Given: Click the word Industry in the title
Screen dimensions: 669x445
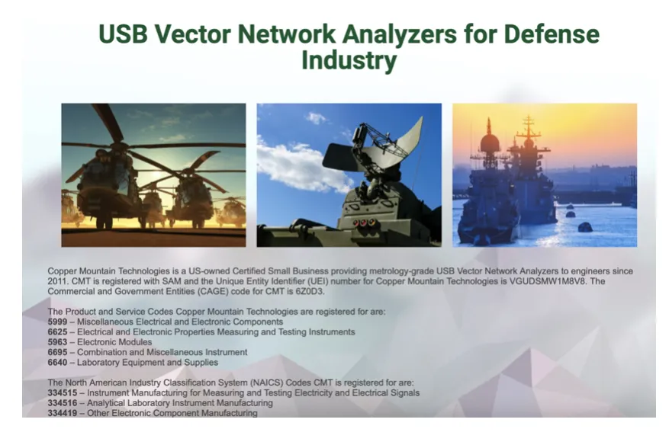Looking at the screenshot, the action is (x=349, y=60).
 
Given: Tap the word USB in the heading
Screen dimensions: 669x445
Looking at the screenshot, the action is (x=123, y=34).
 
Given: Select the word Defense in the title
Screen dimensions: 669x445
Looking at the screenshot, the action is (x=552, y=34).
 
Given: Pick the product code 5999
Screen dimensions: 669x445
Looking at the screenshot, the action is (x=58, y=322).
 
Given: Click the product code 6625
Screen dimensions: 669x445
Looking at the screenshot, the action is (x=58, y=332).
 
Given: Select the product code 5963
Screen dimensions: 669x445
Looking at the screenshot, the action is (x=58, y=342).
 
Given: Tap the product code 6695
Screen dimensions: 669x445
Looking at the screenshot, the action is (x=58, y=353).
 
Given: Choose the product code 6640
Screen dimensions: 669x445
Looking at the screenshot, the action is (x=58, y=363).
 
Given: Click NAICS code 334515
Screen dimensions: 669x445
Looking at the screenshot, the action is (x=63, y=393).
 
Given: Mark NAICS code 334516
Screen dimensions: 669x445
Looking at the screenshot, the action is (x=63, y=403).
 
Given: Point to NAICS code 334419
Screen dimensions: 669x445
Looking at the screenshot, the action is (x=63, y=413).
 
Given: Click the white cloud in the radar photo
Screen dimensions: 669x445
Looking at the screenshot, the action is (x=299, y=164).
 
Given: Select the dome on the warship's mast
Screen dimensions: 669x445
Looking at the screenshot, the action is (x=490, y=143).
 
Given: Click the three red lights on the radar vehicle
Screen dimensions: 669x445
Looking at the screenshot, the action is (x=363, y=222).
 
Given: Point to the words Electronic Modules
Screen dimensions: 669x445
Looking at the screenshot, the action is (x=114, y=342).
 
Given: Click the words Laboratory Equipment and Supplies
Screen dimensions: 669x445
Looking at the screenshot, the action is (x=148, y=363).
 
